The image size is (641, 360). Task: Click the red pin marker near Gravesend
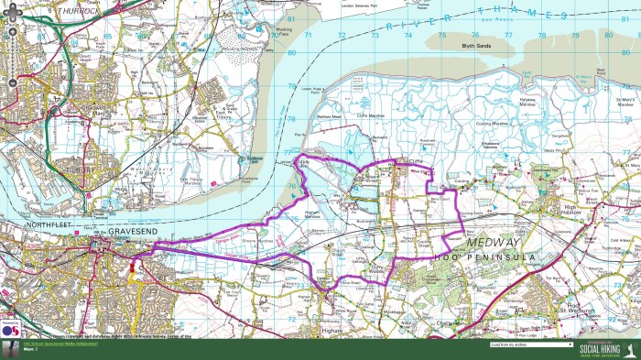coord(132,266)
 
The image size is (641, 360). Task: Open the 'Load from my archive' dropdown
coord(531,344)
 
